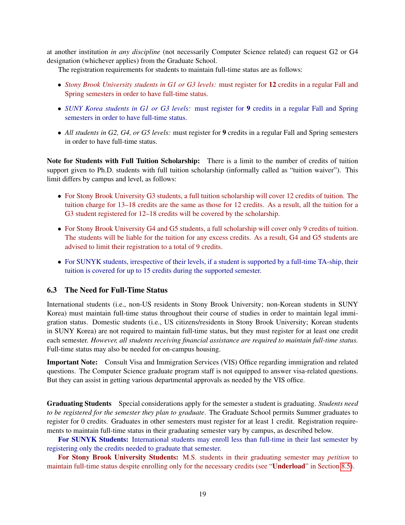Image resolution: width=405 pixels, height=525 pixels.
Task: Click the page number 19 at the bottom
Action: [x=202, y=494]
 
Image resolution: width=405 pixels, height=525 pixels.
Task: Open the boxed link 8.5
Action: [x=346, y=466]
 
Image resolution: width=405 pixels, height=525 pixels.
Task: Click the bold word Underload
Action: [x=289, y=466]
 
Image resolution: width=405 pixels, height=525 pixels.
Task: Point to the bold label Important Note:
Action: [x=72, y=362]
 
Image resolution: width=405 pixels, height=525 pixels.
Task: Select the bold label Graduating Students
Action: [x=79, y=404]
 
